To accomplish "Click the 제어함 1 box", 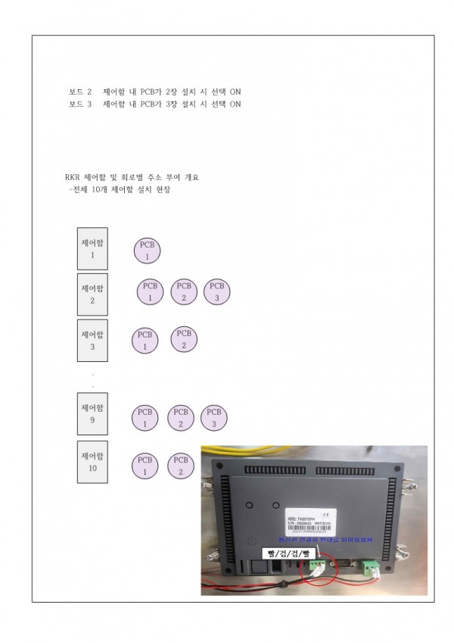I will point(92,248).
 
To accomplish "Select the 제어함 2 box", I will point(92,295).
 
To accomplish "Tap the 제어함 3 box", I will point(92,341).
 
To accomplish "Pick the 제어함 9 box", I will point(92,413).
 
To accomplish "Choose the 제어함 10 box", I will point(92,461).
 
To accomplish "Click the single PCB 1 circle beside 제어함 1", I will point(147,250).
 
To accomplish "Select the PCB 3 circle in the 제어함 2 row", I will point(216,291).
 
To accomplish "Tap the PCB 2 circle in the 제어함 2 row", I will point(183,291).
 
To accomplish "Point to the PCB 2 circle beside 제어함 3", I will point(183,338).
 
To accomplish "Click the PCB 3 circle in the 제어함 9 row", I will point(214,418).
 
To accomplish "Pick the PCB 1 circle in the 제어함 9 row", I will point(145,418).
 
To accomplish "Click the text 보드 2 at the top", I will point(79,92).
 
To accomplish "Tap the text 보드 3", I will point(79,104).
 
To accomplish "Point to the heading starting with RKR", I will point(132,177).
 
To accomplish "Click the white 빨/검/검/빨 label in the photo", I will point(286,553).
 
